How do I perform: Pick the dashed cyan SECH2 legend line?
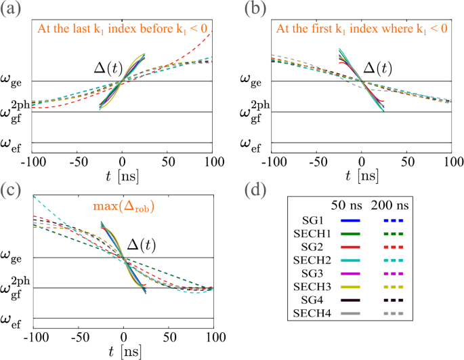(394, 260)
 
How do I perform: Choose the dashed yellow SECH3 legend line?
(394, 287)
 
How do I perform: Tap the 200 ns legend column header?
(394, 205)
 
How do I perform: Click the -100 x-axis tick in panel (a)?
(30, 162)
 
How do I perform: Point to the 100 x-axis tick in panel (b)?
(450, 162)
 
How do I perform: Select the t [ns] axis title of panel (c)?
(123, 351)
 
